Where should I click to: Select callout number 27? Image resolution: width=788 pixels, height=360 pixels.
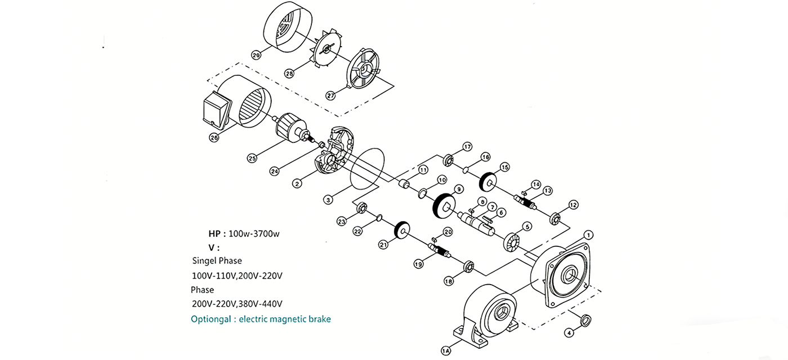330,96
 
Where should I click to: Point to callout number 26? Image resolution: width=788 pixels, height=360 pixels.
214,137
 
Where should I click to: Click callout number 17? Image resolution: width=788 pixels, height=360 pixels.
467,147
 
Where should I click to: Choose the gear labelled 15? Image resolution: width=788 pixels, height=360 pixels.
487,182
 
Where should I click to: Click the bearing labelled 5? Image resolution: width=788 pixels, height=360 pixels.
512,242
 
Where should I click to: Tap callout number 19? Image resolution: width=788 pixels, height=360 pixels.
419,263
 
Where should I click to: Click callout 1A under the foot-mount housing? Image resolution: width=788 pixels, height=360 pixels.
446,352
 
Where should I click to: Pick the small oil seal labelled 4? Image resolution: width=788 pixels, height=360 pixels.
585,320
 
